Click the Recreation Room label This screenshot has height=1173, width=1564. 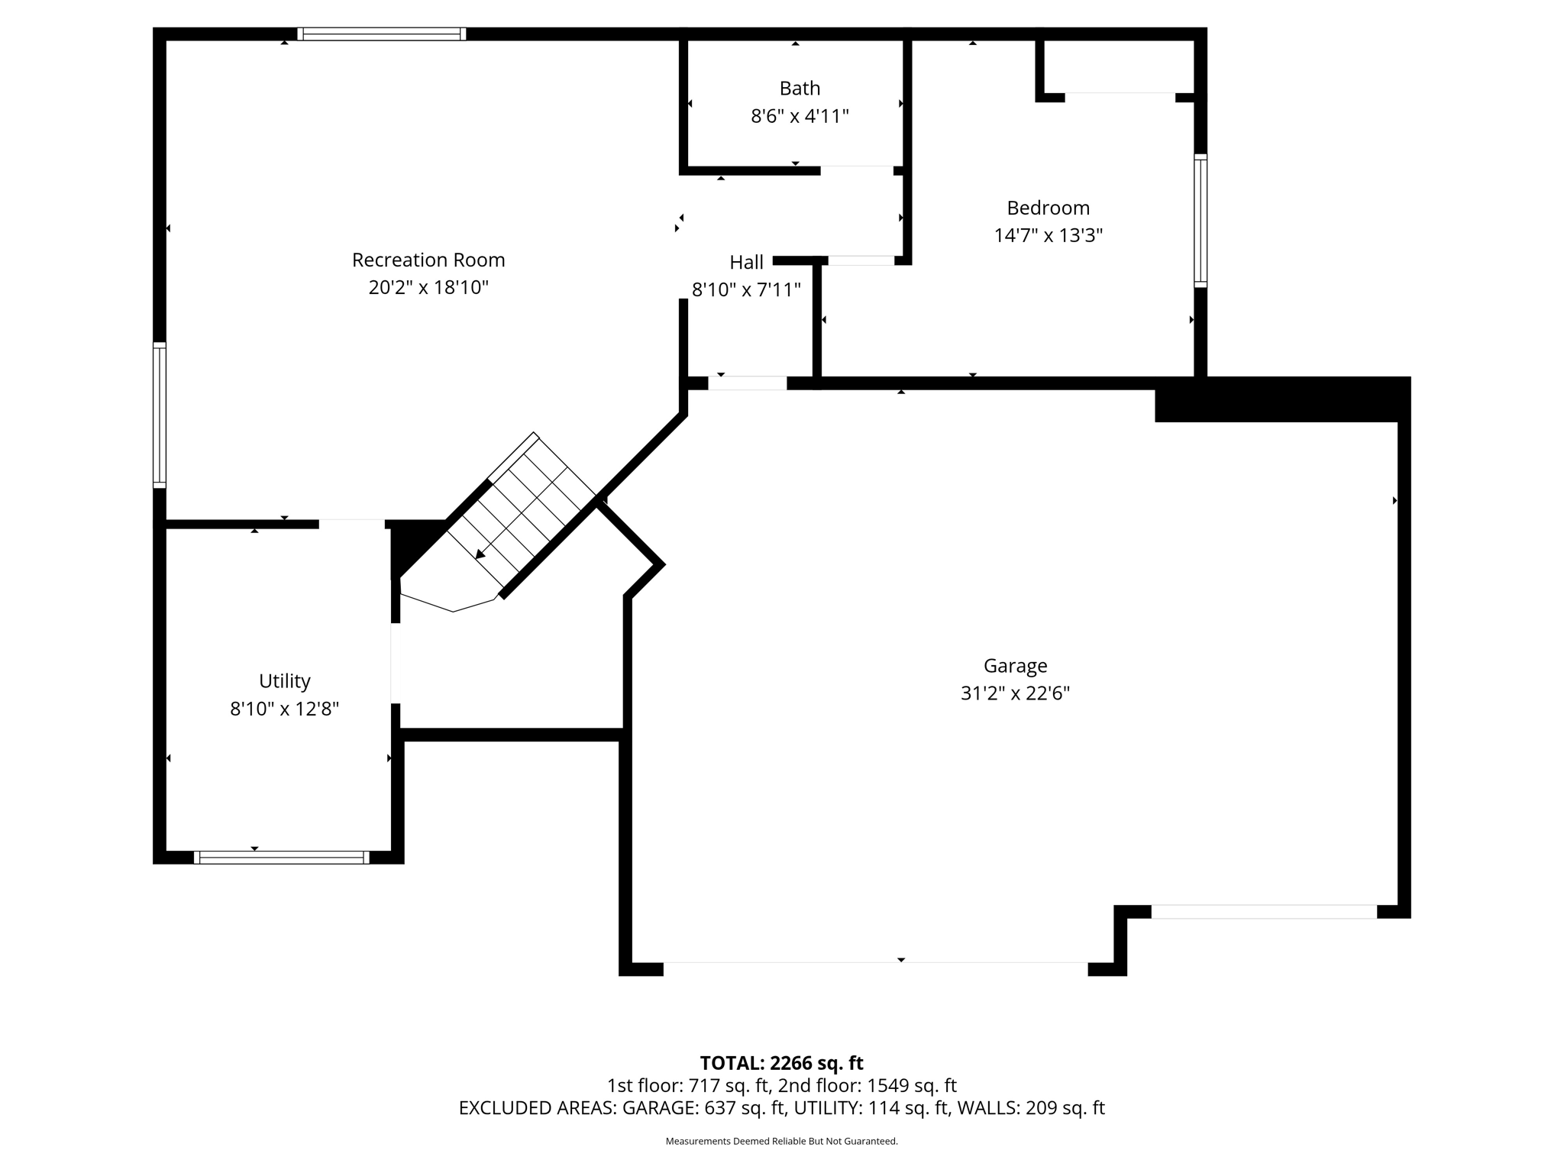[x=428, y=260]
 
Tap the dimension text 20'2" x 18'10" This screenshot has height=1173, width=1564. [x=428, y=288]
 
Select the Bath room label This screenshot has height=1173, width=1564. [x=800, y=89]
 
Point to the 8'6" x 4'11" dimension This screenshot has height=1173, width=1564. [x=800, y=116]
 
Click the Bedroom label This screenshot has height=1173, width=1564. [x=1048, y=208]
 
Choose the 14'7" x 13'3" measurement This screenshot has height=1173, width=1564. [x=1048, y=235]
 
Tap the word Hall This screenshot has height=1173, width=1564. [x=746, y=263]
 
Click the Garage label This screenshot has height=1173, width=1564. [x=1015, y=666]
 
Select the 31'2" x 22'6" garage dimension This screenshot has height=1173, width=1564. [x=1015, y=693]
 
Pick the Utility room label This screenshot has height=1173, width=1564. [x=284, y=681]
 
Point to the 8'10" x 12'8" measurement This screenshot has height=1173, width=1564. [x=284, y=709]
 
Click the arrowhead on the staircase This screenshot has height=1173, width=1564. [x=480, y=555]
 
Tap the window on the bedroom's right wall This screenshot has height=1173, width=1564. [x=1200, y=221]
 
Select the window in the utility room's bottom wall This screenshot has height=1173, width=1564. [x=281, y=858]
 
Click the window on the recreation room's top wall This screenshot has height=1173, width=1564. [x=381, y=34]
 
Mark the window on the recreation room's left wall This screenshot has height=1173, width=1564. [x=160, y=415]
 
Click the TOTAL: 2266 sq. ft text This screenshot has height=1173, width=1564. [x=781, y=1063]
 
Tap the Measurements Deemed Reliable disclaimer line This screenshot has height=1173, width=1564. [x=781, y=1141]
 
